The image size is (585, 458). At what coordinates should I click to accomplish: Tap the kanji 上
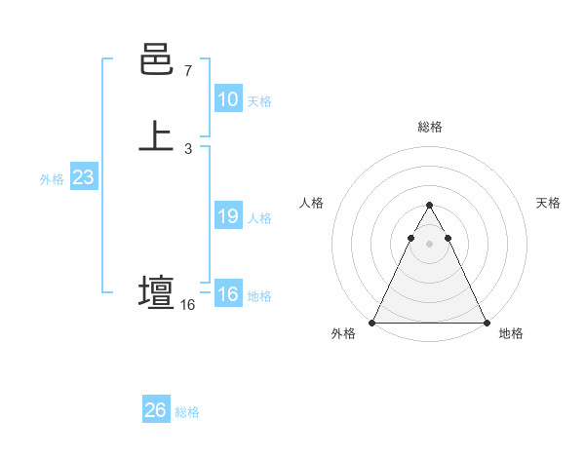(x=156, y=135)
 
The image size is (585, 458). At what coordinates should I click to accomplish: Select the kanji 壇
(x=156, y=292)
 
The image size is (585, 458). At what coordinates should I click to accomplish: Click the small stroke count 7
(x=187, y=71)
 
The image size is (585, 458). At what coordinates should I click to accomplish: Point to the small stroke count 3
(x=187, y=148)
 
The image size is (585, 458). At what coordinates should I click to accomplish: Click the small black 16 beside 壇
(x=187, y=305)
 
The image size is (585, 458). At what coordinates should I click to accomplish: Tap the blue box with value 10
(x=228, y=99)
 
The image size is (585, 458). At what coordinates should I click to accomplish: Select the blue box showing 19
(x=228, y=216)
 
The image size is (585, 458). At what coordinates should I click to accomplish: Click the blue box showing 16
(x=228, y=294)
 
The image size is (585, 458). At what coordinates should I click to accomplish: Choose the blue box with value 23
(x=83, y=178)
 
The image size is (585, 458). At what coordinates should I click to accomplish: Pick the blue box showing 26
(x=156, y=410)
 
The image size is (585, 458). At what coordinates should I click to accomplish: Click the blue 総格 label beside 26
(x=187, y=412)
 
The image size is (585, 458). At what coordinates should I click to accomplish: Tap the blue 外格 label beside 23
(x=52, y=179)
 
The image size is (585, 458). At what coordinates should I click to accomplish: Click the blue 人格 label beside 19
(x=259, y=218)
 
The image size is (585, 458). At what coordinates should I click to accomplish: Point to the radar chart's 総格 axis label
(x=429, y=127)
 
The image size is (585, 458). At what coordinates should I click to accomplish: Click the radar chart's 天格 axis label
(x=549, y=203)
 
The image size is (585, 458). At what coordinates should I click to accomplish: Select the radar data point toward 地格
(x=486, y=322)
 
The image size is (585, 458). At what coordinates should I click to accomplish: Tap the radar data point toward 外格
(x=372, y=322)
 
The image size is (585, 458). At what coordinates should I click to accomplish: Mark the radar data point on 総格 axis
(x=429, y=206)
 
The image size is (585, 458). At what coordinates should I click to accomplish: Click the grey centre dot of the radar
(x=429, y=243)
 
